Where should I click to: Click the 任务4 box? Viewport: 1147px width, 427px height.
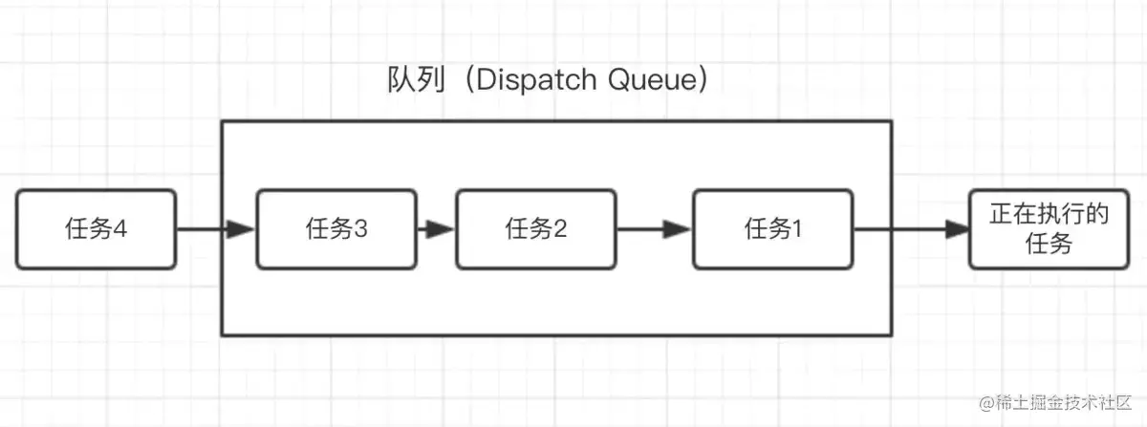pyautogui.click(x=97, y=229)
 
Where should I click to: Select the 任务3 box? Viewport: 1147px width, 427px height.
pyautogui.click(x=336, y=229)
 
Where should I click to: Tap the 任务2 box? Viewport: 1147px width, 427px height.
pyautogui.click(x=535, y=229)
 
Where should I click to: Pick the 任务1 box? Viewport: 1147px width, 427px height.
pyautogui.click(x=772, y=229)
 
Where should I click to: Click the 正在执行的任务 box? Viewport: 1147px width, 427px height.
pyautogui.click(x=1049, y=229)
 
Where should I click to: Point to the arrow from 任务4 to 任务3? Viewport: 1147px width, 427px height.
pyautogui.click(x=216, y=229)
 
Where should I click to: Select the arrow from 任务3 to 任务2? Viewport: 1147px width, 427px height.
pyautogui.click(x=436, y=229)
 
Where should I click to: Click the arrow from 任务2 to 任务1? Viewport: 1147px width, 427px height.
pyautogui.click(x=655, y=229)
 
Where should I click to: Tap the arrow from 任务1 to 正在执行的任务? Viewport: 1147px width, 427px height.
pyautogui.click(x=911, y=229)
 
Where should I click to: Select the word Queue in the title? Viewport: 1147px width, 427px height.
pyautogui.click(x=653, y=80)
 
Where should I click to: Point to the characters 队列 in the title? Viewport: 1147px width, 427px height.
pyautogui.click(x=416, y=80)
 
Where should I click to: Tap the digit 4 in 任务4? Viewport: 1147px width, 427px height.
pyautogui.click(x=119, y=229)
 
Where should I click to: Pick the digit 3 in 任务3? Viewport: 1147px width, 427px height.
pyautogui.click(x=360, y=229)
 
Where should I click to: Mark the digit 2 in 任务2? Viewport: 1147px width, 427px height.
pyautogui.click(x=560, y=229)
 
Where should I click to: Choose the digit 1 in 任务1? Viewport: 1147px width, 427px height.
pyautogui.click(x=796, y=229)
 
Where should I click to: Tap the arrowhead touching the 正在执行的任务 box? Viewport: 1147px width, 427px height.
pyautogui.click(x=957, y=229)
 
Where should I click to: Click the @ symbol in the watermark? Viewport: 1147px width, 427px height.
pyautogui.click(x=987, y=403)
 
